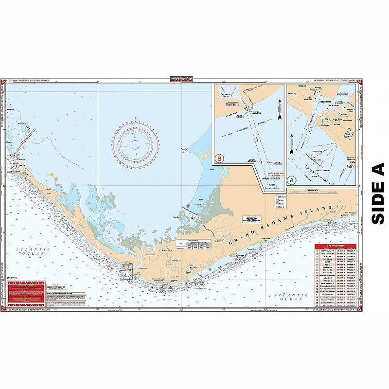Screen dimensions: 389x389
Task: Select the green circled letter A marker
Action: tap(292, 179)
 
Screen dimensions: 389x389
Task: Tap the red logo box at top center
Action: tap(181, 79)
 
